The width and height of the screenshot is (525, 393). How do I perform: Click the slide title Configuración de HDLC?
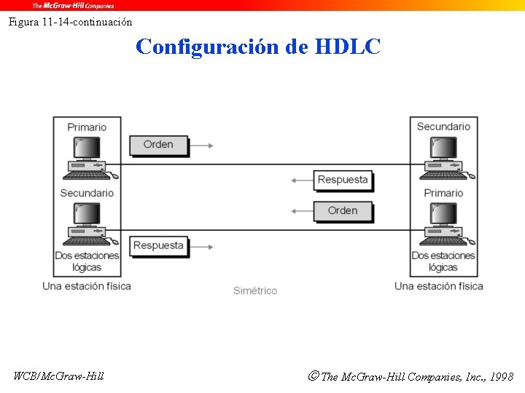click(258, 47)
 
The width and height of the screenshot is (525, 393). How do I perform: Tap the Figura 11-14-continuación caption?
click(70, 22)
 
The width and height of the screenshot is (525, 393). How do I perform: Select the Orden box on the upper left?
click(158, 145)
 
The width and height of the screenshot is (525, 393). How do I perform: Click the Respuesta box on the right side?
click(343, 180)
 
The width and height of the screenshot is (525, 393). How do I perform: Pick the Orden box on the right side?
click(343, 211)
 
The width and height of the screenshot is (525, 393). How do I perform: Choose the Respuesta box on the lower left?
click(158, 246)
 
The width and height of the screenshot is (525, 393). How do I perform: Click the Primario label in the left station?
click(87, 127)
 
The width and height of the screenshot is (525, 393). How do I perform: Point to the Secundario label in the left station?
click(87, 193)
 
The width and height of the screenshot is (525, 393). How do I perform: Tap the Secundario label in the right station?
click(443, 127)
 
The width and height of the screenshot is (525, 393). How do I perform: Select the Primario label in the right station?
click(443, 193)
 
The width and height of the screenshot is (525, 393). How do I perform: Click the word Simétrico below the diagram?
click(255, 290)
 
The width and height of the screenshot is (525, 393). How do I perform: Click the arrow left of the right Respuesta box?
click(300, 180)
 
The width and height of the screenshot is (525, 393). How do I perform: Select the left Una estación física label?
click(87, 286)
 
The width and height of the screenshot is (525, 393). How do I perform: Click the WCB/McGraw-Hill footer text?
click(58, 376)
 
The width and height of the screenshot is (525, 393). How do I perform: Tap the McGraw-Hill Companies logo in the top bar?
click(73, 5)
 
